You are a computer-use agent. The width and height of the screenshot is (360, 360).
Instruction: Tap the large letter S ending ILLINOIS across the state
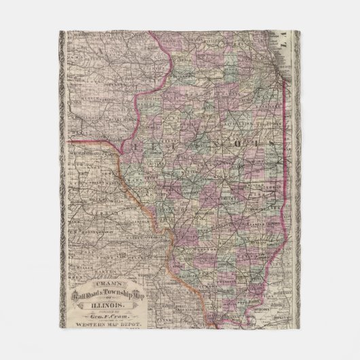pyautogui.click(x=270, y=145)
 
